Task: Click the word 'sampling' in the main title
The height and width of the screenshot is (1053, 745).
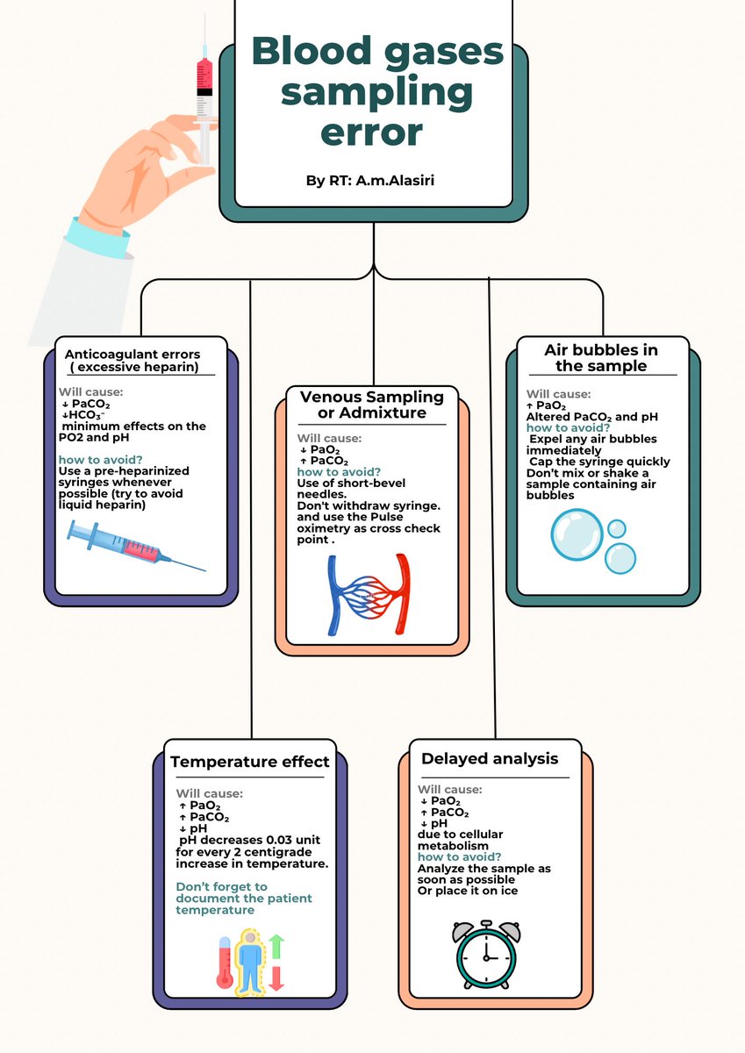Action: click(376, 93)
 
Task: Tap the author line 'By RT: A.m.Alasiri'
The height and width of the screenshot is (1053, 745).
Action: click(370, 180)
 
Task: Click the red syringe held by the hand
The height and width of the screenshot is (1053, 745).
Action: click(205, 90)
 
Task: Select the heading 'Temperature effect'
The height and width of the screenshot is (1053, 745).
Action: click(249, 761)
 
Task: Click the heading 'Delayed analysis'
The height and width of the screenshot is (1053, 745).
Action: click(490, 758)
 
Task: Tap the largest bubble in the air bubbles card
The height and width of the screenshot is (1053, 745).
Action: click(577, 534)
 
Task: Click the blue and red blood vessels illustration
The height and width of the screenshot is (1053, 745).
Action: click(369, 595)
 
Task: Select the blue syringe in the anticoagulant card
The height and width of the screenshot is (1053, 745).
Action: click(136, 545)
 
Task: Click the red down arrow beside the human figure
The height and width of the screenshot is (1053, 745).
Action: click(276, 978)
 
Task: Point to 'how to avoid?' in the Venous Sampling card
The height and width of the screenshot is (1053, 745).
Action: click(339, 471)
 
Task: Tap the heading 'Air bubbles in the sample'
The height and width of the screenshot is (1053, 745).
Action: click(601, 358)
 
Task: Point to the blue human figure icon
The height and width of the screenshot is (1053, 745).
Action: click(250, 963)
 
